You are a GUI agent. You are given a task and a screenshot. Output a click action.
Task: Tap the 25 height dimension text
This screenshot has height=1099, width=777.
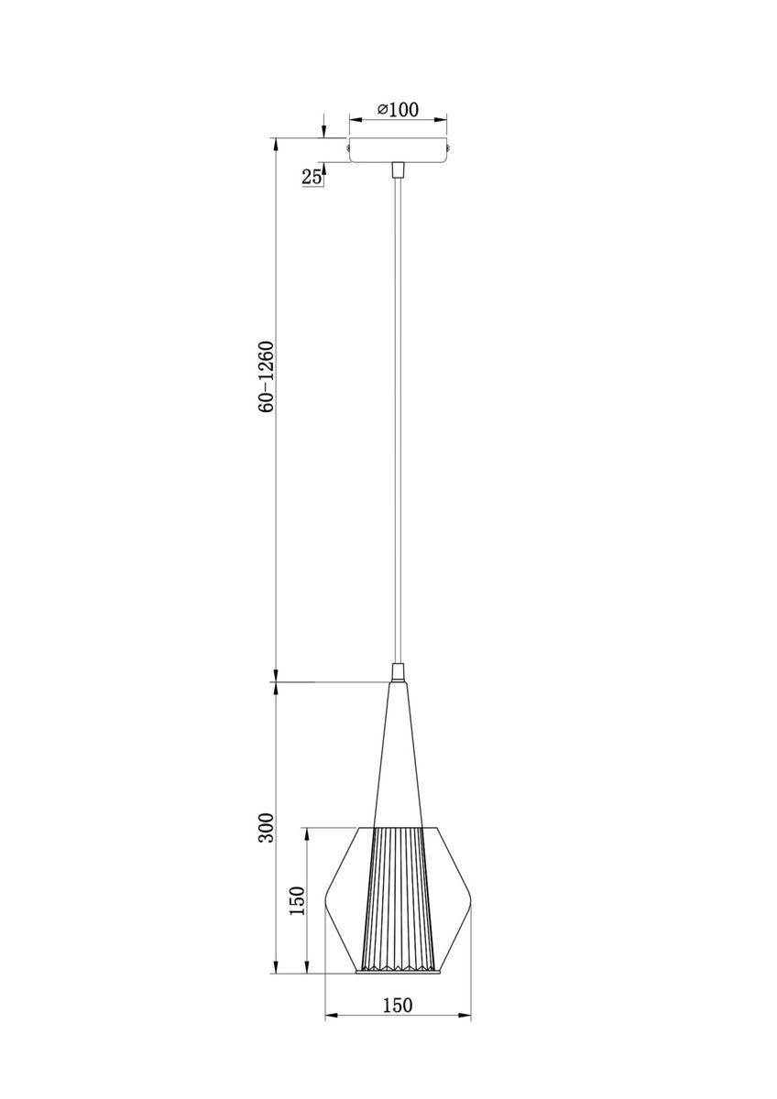[x=312, y=177]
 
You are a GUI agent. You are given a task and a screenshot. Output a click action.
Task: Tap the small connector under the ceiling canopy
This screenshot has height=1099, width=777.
[x=398, y=169]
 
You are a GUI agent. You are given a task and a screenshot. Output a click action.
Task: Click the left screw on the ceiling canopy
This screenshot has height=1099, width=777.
[x=347, y=147]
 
